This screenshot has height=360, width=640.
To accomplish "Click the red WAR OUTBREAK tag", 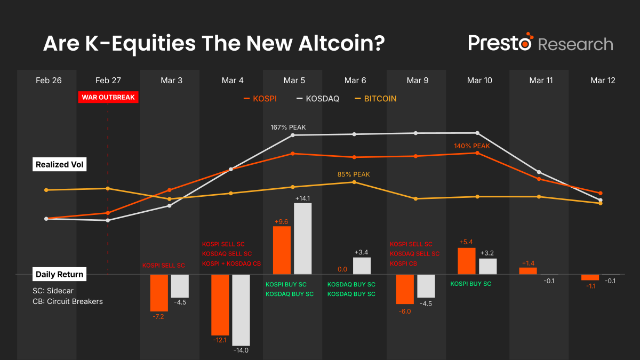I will [108, 97].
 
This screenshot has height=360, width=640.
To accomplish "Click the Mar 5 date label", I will [294, 81].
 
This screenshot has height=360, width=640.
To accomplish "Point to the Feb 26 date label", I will [49, 81].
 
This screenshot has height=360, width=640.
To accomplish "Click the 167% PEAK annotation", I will [289, 127].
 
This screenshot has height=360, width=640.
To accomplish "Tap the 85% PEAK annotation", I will [354, 174].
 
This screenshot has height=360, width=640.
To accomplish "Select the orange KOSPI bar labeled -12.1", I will [220, 305].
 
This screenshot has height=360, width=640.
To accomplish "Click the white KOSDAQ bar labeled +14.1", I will [302, 238].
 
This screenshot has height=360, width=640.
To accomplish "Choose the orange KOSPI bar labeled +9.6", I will [282, 250].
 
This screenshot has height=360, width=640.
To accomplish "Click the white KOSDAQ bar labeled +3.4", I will [362, 266].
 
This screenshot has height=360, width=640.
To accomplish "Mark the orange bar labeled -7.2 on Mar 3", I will [159, 292].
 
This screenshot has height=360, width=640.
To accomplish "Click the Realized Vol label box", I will [60, 165].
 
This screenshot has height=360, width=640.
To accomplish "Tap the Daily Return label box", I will [60, 275].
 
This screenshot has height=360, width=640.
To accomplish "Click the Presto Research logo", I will [540, 43].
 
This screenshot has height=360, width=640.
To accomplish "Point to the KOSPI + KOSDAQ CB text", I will [231, 263].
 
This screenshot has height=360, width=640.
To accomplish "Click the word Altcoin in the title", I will [337, 44].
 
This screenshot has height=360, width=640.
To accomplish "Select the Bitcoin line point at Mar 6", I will [354, 182].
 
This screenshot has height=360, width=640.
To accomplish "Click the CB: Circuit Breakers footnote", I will [67, 301].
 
